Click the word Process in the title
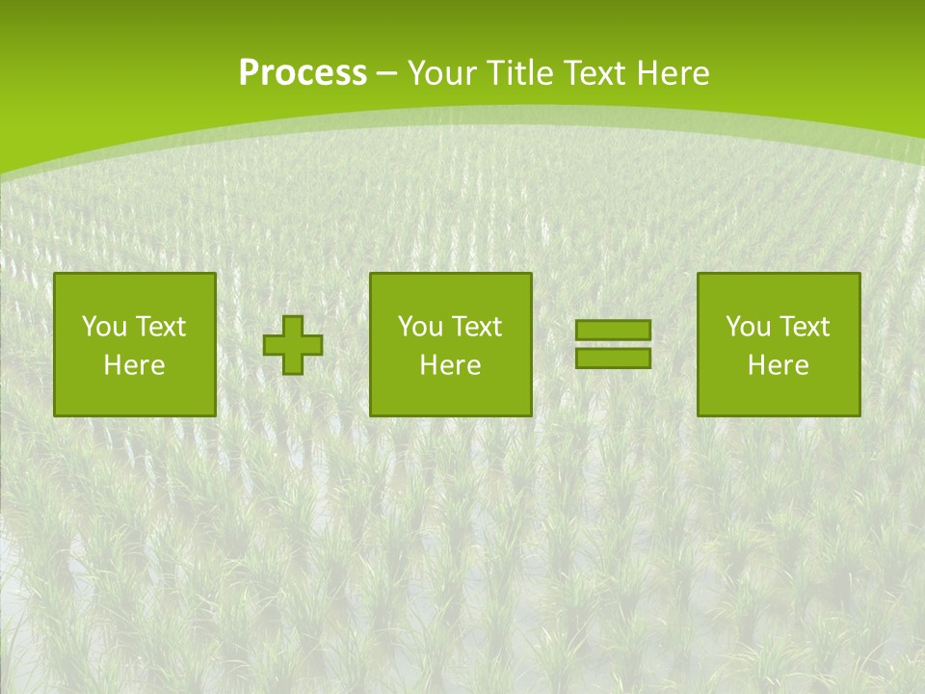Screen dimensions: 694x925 [303, 73]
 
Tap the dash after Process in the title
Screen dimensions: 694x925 [387, 73]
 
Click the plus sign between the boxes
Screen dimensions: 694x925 [293, 345]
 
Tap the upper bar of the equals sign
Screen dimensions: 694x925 [613, 331]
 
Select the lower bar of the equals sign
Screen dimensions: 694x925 [613, 358]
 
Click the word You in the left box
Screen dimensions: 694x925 [104, 327]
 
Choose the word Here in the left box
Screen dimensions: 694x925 [134, 365]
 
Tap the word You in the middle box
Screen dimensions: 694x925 [420, 327]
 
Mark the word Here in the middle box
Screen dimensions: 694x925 [450, 365]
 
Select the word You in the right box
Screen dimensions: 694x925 [748, 327]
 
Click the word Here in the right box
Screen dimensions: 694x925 [778, 365]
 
